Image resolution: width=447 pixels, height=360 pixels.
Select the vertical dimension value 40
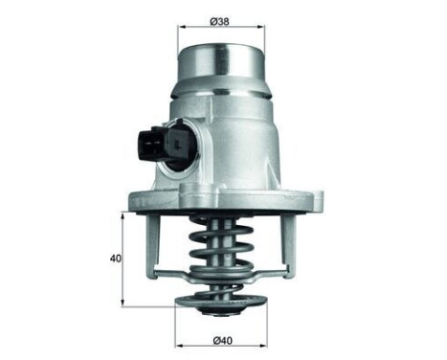point(114,259)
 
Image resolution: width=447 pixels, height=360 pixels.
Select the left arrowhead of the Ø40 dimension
point(178,341)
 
